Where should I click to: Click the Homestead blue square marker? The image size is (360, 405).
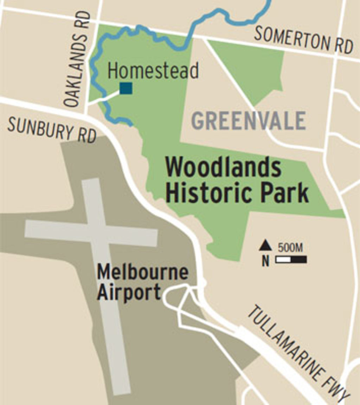pyautogui.click(x=126, y=88)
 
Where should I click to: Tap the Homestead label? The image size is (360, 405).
pyautogui.click(x=153, y=70)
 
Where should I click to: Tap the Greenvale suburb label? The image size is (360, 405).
pyautogui.click(x=249, y=121)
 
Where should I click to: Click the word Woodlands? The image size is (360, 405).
pyautogui.click(x=223, y=168)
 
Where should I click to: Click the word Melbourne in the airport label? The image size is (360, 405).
pyautogui.click(x=142, y=272)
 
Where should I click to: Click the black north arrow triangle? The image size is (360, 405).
pyautogui.click(x=265, y=246)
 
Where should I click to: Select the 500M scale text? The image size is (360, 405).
pyautogui.click(x=290, y=247)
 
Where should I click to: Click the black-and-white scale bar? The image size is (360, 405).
pyautogui.click(x=291, y=259)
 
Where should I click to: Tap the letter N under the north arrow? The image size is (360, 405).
pyautogui.click(x=265, y=261)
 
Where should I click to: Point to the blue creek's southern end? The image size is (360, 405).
pyautogui.click(x=131, y=124)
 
